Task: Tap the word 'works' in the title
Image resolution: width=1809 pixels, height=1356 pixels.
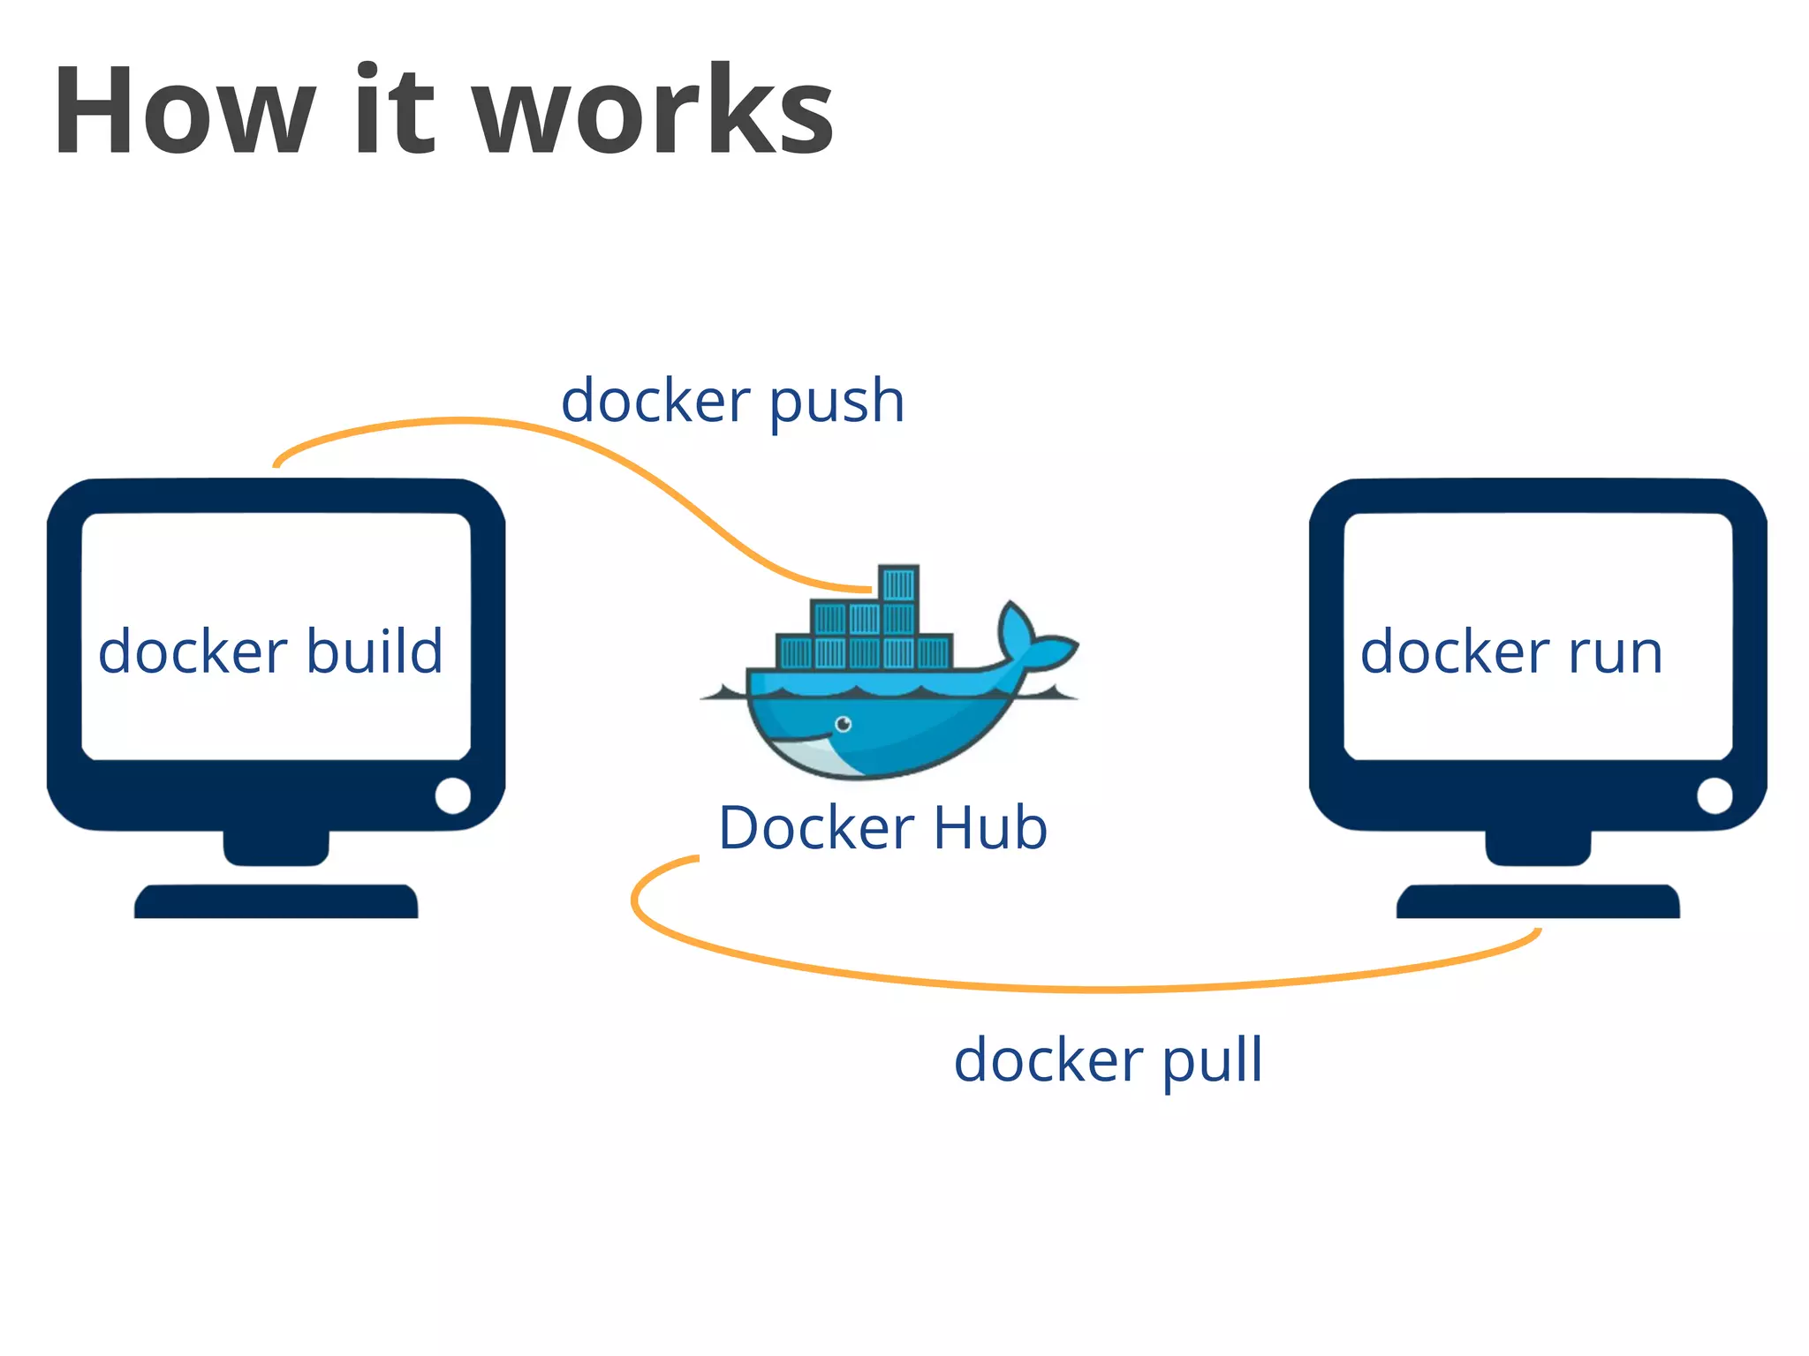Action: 654,112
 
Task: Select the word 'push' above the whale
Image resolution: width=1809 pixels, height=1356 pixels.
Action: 836,403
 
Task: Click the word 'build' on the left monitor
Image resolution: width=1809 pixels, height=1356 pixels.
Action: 375,652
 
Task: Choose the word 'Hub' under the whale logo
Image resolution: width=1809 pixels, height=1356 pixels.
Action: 990,828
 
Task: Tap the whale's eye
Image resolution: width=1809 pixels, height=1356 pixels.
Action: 844,725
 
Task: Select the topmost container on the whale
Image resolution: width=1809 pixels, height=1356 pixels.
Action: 898,584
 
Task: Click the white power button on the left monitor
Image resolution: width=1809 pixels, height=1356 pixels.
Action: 453,795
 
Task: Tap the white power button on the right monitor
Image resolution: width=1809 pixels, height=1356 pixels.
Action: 1714,795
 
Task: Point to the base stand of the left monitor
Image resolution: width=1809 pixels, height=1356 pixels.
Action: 276,902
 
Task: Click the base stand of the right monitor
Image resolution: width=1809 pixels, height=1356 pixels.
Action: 1538,902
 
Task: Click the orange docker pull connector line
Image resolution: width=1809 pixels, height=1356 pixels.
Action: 1104,989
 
